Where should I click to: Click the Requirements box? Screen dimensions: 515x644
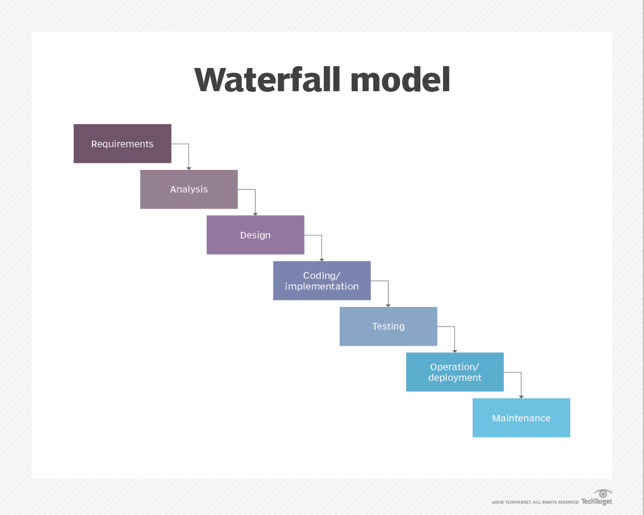122,144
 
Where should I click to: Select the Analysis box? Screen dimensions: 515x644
189,190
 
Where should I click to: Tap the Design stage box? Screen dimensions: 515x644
255,235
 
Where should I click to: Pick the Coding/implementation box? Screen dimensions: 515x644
322,281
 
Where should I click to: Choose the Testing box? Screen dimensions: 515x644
388,327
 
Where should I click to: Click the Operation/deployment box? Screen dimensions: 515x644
455,372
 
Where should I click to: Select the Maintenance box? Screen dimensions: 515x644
521,418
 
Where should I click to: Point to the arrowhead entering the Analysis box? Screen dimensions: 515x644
189,168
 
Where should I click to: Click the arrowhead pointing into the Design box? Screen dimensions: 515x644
255,213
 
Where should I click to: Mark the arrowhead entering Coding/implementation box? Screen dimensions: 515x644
322,259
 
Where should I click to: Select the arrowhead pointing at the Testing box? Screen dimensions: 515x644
388,305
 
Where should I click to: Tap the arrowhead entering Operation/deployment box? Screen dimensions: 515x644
455,350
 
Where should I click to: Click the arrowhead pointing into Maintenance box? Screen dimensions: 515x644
521,396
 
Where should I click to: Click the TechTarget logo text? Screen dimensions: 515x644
597,502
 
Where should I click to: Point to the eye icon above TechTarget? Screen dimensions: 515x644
603,494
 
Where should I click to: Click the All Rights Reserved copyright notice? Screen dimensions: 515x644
535,502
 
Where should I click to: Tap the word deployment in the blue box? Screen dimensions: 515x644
455,378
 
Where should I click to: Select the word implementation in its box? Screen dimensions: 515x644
322,287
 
